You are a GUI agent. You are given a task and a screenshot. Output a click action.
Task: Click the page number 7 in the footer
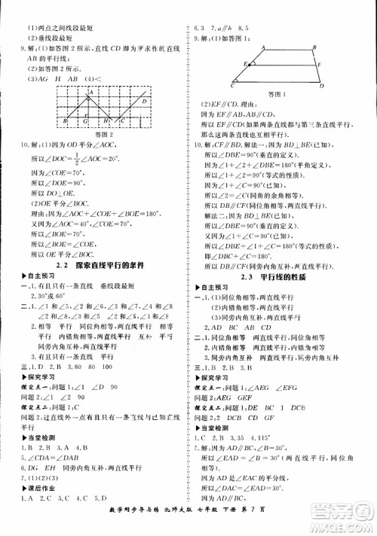pyautogui.click(x=329, y=523)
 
